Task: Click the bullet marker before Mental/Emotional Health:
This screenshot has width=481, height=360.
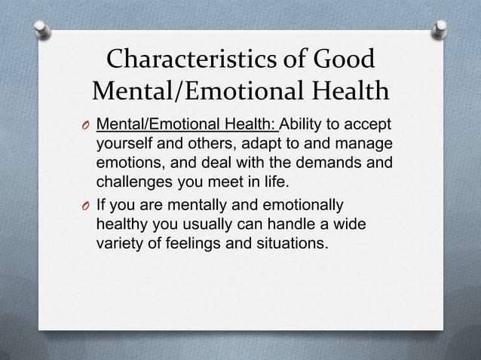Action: (x=85, y=125)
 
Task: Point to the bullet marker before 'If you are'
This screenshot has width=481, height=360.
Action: (x=85, y=206)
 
